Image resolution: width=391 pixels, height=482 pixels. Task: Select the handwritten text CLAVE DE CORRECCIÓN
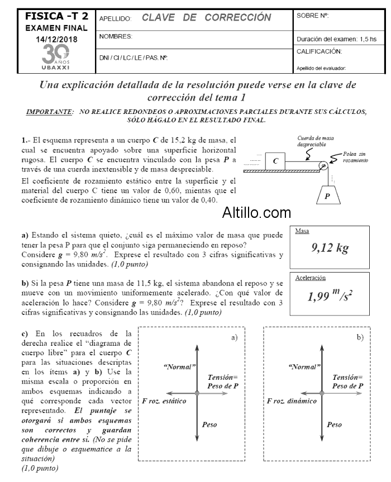(206, 17)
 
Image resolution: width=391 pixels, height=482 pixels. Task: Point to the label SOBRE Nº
(313, 16)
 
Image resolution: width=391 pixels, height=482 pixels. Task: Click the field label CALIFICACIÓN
(320, 51)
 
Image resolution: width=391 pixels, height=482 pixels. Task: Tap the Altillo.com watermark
(256, 213)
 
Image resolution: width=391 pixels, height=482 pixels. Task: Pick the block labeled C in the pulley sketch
(276, 161)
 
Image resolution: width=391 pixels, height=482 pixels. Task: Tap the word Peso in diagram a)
(209, 424)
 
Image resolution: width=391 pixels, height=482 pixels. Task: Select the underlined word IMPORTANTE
(50, 112)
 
